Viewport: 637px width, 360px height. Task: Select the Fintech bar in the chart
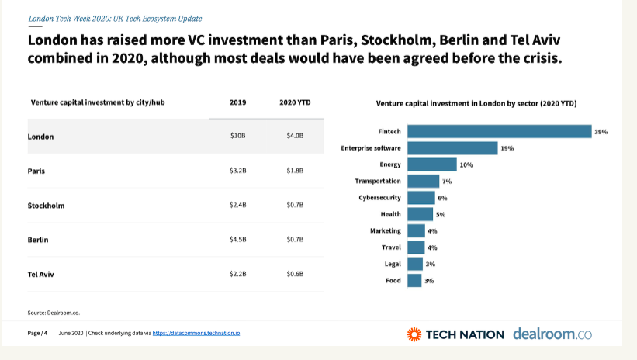click(x=499, y=131)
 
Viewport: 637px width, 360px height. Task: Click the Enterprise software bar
click(x=452, y=148)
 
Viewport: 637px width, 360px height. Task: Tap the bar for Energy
click(x=431, y=164)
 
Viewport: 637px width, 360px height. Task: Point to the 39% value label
click(x=601, y=132)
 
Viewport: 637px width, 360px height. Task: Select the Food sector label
click(x=393, y=280)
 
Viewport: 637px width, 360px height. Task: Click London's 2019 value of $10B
click(x=237, y=136)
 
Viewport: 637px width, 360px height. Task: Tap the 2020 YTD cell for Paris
click(x=295, y=170)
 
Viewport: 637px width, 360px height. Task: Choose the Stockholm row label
click(x=46, y=206)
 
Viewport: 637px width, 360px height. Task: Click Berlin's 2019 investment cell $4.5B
click(x=237, y=239)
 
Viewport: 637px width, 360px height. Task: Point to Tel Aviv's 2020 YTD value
click(x=295, y=274)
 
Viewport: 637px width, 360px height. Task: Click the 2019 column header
click(x=237, y=102)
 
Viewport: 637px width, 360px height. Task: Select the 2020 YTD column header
click(x=295, y=102)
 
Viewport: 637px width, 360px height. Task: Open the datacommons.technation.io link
click(x=196, y=333)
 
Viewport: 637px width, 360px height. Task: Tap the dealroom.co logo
click(x=552, y=334)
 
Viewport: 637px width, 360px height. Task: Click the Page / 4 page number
click(x=38, y=333)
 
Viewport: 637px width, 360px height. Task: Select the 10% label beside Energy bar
click(x=466, y=164)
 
